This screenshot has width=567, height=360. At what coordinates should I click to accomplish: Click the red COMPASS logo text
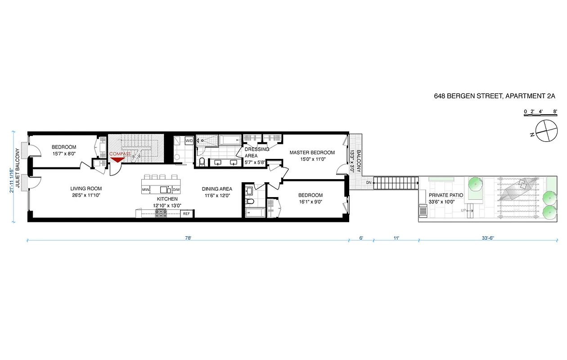click(x=120, y=154)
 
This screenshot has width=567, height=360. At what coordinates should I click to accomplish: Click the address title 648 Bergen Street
click(x=495, y=96)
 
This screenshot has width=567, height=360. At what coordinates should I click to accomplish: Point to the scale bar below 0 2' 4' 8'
click(x=540, y=116)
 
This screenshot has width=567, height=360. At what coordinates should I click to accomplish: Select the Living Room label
click(x=86, y=189)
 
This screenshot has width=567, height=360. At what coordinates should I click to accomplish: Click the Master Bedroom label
click(x=312, y=152)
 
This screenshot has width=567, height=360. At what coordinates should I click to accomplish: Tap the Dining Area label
click(x=216, y=189)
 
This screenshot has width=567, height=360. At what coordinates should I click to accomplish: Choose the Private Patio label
click(x=445, y=195)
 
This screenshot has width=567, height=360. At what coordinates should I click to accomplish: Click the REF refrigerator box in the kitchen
click(x=186, y=214)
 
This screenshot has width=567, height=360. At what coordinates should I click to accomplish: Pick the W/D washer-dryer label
click(x=189, y=141)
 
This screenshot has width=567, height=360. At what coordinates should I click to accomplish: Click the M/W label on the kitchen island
click(x=146, y=190)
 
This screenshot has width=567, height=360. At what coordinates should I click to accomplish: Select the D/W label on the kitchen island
click(x=176, y=190)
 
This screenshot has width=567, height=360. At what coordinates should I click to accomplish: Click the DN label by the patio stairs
click(x=369, y=183)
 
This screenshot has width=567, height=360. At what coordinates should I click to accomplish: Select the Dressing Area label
click(x=257, y=152)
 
